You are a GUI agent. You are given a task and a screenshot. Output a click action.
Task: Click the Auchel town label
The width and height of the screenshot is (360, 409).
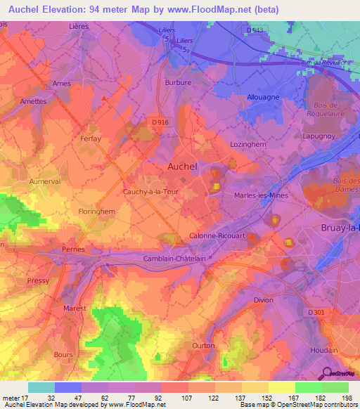182,167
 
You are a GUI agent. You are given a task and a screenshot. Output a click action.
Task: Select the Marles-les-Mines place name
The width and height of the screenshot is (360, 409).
261,196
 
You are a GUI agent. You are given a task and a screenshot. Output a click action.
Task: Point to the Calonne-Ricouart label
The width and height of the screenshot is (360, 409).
217,236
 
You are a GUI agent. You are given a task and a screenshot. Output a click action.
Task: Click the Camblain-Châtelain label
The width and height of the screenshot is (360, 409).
176,258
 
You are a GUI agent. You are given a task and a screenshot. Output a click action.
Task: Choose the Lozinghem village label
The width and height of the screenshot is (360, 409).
247,143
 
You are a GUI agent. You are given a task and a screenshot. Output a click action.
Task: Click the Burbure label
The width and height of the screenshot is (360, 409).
178,82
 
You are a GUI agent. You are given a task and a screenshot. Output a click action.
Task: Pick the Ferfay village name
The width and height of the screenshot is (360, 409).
91,138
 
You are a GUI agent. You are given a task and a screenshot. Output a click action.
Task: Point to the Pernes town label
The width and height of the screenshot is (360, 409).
73,249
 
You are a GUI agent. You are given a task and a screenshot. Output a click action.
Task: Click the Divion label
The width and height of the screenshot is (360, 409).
264,300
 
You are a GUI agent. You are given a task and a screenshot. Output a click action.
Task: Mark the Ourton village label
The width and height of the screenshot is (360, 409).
203,346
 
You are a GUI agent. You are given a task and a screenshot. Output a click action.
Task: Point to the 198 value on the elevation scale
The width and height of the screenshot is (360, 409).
347,398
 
